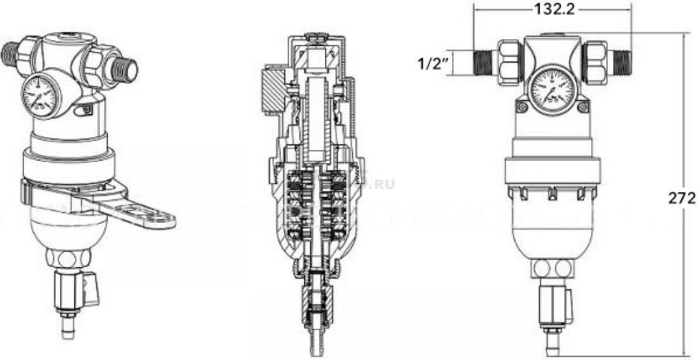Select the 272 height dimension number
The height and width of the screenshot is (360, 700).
tap(682, 198)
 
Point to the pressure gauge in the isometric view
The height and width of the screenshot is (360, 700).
tap(39, 97)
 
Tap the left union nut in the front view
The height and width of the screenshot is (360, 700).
tap(510, 61)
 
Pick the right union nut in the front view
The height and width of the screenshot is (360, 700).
tap(594, 61)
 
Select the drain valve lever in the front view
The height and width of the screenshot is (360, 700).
tap(567, 304)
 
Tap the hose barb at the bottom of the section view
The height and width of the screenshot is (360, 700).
tap(315, 342)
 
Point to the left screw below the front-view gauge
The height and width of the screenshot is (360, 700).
tap(522, 108)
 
